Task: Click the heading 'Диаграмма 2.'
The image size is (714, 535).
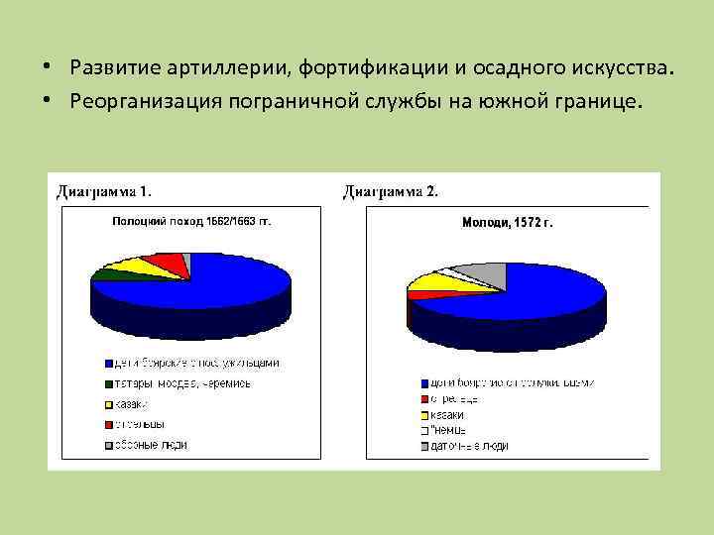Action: (x=391, y=191)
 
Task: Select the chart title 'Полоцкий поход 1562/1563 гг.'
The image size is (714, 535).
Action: (x=190, y=222)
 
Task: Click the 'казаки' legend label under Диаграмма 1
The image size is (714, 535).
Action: (x=132, y=404)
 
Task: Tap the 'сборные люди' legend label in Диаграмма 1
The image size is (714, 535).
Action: (x=150, y=445)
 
